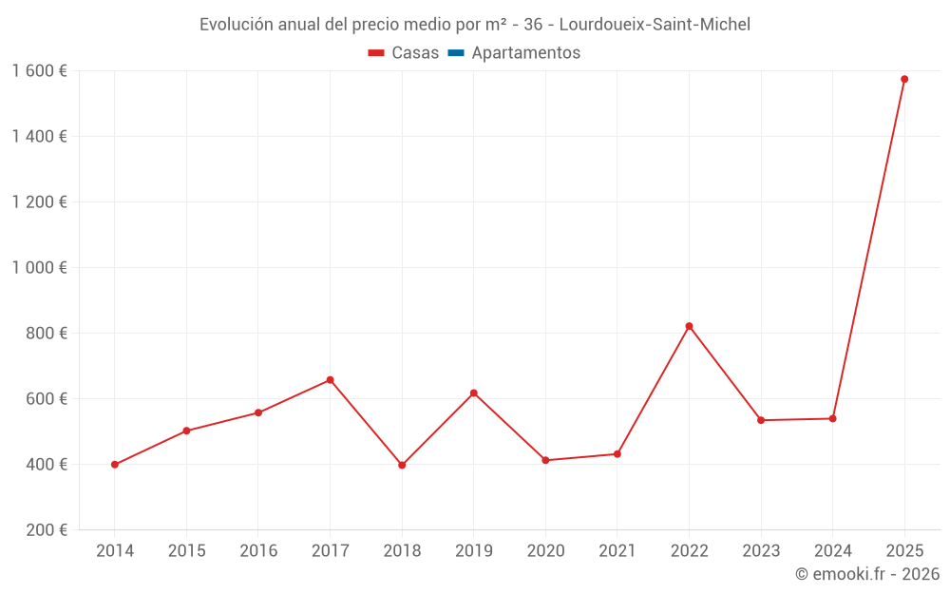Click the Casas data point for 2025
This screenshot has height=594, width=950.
(x=904, y=79)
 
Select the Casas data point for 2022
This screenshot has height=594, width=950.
(x=689, y=326)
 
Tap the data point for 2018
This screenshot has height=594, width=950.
(x=402, y=465)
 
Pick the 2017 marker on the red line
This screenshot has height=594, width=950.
(x=330, y=380)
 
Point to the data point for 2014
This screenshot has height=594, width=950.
(x=114, y=465)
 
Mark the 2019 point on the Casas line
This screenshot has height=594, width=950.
(x=473, y=393)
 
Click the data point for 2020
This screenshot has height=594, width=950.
(x=545, y=460)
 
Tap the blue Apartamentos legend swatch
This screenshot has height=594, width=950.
(x=455, y=53)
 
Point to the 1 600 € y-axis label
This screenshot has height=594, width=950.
(x=39, y=71)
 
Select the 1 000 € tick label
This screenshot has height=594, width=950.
(x=39, y=268)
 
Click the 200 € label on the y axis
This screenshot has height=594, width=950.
(x=47, y=530)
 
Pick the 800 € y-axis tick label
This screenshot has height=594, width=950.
(x=47, y=334)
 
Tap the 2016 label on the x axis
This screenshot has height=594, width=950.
(x=258, y=551)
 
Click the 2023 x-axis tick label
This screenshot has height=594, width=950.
(x=761, y=551)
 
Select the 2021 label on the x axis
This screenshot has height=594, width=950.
(x=617, y=551)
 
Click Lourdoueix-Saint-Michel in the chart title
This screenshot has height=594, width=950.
(x=655, y=25)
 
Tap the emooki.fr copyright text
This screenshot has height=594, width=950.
(x=867, y=574)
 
